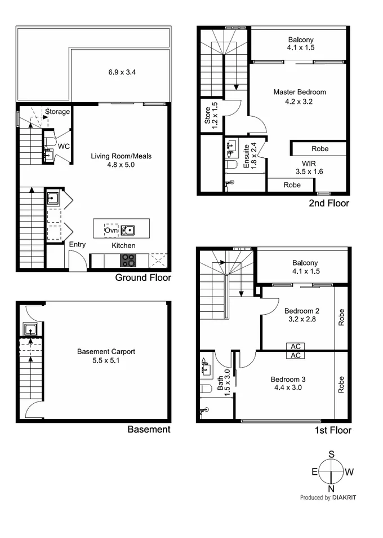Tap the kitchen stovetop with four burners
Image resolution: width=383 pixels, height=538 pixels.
tap(129, 261)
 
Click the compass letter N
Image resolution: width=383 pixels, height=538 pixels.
tap(331, 488)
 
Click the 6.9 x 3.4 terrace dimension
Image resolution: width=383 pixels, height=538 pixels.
tap(122, 72)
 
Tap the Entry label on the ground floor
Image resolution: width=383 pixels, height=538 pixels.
tap(77, 245)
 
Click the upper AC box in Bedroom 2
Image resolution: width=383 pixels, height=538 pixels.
tap(295, 346)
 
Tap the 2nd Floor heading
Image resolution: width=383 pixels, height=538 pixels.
tap(328, 204)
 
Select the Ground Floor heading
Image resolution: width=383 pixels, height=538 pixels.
tap(143, 277)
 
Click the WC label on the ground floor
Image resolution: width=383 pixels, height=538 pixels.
tap(64, 146)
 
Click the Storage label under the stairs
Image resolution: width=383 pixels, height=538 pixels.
tap(57, 112)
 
